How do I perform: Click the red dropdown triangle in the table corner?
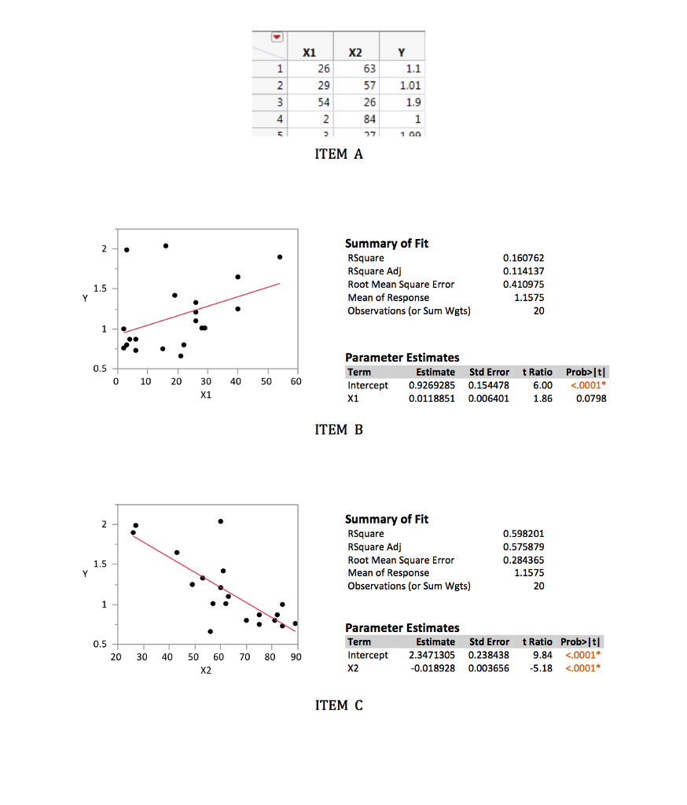pos(276,38)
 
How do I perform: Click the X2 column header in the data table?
pos(355,53)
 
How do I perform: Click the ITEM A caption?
pos(339,154)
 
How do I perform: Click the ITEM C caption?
pos(339,705)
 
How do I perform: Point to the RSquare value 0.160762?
pos(524,258)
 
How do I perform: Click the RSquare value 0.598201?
pos(524,534)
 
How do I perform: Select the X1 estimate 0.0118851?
pos(432,399)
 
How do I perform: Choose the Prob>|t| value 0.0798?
pos(590,399)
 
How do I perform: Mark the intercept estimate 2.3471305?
pos(432,655)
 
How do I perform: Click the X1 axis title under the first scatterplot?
pos(205,395)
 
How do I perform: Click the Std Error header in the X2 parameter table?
pos(489,641)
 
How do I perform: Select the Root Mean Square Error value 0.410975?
pos(524,284)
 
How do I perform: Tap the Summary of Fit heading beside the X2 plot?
pos(387,519)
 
